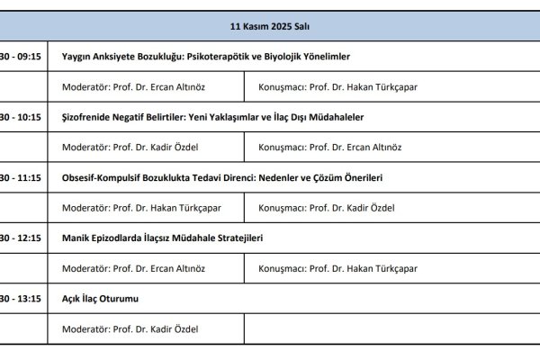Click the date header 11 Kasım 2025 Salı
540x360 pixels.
pos(270,27)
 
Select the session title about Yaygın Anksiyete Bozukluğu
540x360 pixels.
pos(206,56)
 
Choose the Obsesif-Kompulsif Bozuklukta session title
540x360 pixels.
pos(222,178)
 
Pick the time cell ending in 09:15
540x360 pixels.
pos(22,56)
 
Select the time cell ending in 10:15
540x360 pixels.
pos(22,117)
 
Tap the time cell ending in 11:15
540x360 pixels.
pos(22,178)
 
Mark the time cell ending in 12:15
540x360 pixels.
pos(22,238)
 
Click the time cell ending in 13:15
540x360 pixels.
pos(22,299)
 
